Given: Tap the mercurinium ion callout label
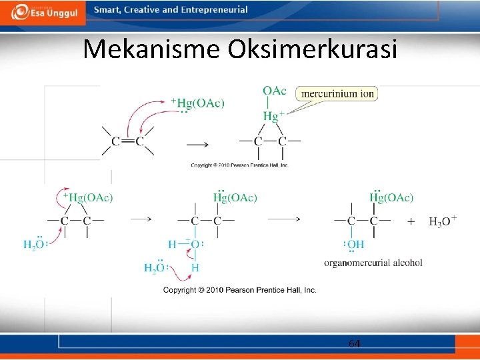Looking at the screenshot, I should click(x=338, y=94).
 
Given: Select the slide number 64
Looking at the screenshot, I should click(x=355, y=343).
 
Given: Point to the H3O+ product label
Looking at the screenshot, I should click(x=443, y=221).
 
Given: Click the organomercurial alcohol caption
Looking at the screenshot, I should click(x=373, y=263).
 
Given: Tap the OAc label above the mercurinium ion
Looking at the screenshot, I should click(x=275, y=91).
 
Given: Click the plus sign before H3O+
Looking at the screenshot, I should click(x=411, y=221).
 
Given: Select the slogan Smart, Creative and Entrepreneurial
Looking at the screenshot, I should click(x=171, y=10).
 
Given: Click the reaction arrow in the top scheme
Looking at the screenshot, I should click(x=197, y=144).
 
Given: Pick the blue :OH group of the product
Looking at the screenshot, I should click(x=353, y=245).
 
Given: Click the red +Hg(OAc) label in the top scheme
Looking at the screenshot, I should click(x=198, y=103).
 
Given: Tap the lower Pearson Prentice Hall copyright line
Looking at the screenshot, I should click(x=240, y=290).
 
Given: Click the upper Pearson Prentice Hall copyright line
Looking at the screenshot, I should click(x=239, y=165).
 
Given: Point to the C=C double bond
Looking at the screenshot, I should click(x=127, y=141).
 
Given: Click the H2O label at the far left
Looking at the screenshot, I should click(x=34, y=245).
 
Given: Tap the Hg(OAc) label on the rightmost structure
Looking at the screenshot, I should click(x=391, y=197).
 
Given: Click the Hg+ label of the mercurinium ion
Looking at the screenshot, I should click(x=273, y=116).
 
